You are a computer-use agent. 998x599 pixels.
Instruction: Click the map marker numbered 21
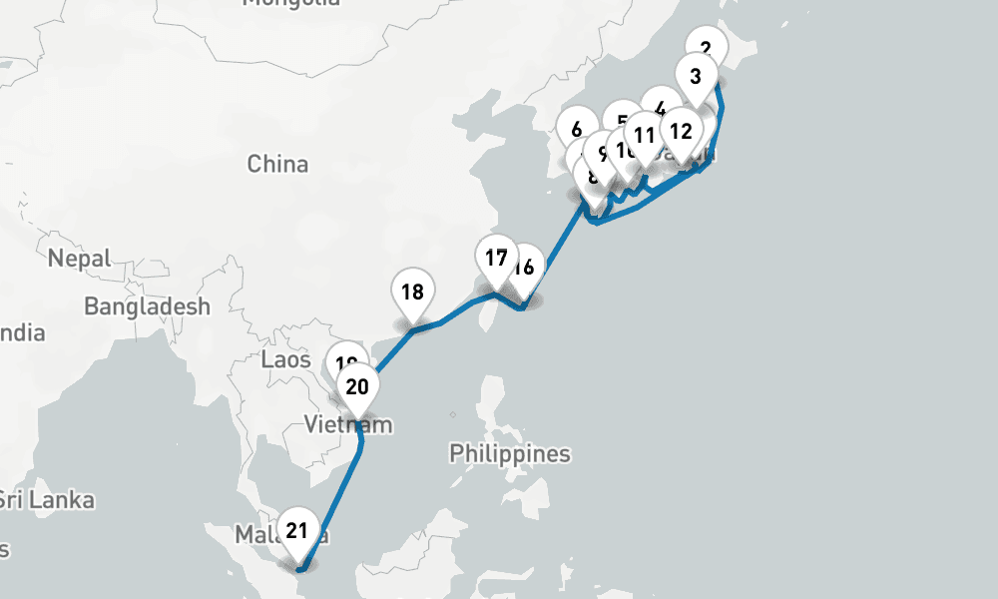click(x=296, y=531)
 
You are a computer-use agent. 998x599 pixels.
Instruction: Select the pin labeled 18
click(x=412, y=293)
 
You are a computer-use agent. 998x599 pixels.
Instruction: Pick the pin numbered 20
click(x=357, y=387)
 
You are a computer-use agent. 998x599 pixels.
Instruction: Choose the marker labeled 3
click(x=696, y=76)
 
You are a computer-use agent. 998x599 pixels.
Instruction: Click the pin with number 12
click(x=681, y=131)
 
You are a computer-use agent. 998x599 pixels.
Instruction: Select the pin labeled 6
click(x=576, y=129)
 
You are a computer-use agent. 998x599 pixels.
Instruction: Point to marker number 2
click(x=707, y=47)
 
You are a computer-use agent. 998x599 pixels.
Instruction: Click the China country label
click(x=277, y=164)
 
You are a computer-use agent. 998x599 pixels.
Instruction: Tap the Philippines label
click(x=509, y=454)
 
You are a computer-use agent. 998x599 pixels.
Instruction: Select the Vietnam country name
click(x=348, y=426)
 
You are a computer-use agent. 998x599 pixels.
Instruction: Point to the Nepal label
click(x=78, y=260)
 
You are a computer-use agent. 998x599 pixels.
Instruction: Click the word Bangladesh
click(x=147, y=306)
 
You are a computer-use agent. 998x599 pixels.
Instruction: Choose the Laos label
click(x=285, y=359)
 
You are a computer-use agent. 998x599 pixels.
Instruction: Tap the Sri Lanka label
click(x=47, y=499)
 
